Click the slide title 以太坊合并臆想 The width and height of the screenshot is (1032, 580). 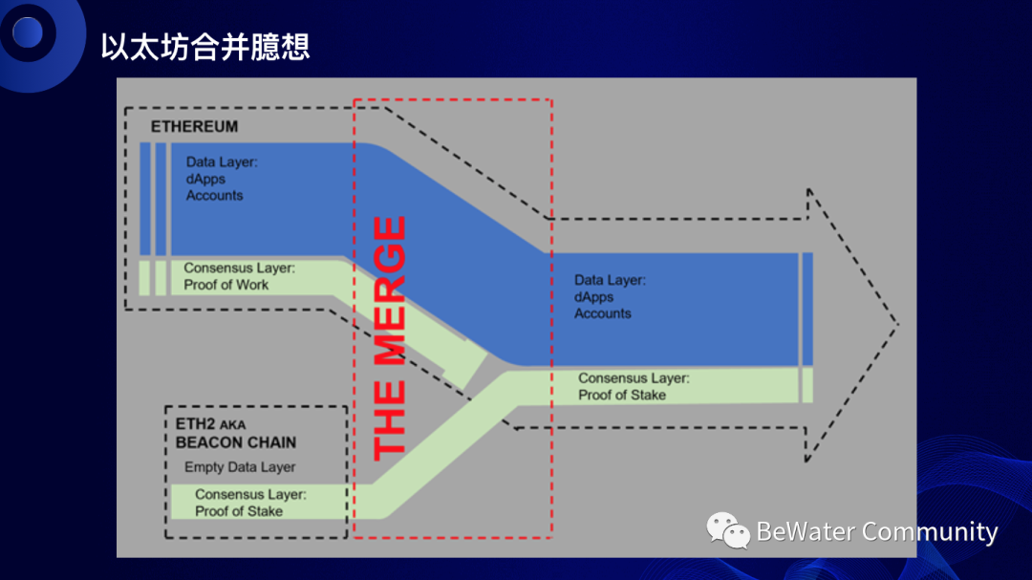[x=205, y=47]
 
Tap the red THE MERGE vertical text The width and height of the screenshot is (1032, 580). [x=389, y=339]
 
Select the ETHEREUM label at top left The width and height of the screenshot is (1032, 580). [x=194, y=126]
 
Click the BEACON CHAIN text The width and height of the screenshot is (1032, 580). [x=235, y=442]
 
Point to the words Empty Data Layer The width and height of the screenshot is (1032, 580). [x=240, y=467]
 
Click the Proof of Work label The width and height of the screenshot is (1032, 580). [x=226, y=285]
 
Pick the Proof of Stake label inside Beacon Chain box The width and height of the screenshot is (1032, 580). [x=239, y=511]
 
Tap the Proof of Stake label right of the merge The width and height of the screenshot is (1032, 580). [x=622, y=395]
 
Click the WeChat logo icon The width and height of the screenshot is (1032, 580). [x=728, y=530]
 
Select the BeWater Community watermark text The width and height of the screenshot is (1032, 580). [x=876, y=531]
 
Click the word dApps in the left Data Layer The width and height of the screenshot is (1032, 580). [x=206, y=179]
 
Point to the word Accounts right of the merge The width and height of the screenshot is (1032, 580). [x=603, y=313]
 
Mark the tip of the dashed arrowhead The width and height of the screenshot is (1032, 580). [x=898, y=324]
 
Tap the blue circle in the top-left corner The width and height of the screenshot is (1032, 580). [x=28, y=32]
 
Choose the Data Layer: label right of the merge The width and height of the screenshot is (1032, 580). [x=610, y=280]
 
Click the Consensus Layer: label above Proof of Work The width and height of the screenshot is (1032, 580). [x=239, y=269]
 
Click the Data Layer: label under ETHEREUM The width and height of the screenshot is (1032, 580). [x=222, y=162]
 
